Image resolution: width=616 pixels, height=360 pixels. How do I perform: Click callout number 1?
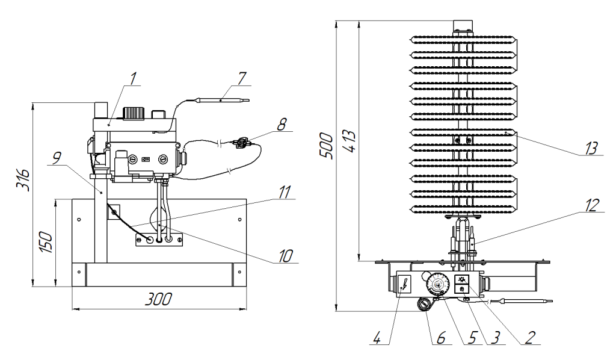[x=134, y=78]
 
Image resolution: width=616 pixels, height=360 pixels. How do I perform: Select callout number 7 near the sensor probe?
[x=242, y=79]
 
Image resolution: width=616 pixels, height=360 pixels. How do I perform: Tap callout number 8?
[x=282, y=124]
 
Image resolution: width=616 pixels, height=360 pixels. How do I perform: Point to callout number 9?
[x=57, y=158]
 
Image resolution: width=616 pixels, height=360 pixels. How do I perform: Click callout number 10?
[x=286, y=256]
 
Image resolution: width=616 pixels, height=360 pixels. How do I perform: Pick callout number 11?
[x=285, y=192]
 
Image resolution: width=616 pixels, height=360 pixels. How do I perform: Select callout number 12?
[x=592, y=205]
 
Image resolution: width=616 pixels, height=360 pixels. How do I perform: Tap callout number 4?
[x=377, y=338]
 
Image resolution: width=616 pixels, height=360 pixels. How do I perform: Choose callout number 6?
[x=441, y=338]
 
